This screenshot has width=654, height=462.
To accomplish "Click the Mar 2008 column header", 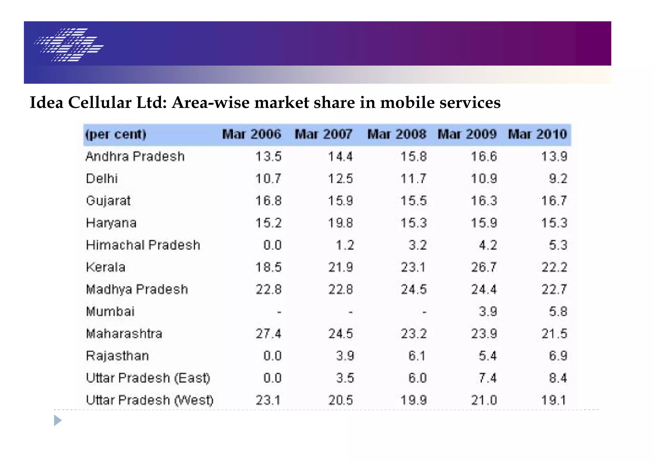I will click(397, 134).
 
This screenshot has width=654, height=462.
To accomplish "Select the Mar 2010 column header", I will click(537, 134).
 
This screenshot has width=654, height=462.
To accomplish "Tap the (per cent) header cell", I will click(116, 134).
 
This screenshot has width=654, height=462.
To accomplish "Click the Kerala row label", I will click(106, 267).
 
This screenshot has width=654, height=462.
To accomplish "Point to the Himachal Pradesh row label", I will click(143, 245).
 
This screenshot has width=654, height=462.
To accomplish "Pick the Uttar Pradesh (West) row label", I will click(149, 400).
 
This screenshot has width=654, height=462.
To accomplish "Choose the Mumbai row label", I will click(110, 312).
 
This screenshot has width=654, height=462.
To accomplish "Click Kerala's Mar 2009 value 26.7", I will click(484, 267).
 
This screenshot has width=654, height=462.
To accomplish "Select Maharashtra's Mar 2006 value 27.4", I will click(269, 334).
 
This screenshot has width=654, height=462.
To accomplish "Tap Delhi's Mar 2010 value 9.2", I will click(558, 179).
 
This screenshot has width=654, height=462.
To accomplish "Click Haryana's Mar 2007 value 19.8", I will click(340, 223).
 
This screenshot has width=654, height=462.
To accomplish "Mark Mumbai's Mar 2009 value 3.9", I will click(488, 312).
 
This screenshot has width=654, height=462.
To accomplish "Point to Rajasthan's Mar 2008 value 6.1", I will click(417, 356).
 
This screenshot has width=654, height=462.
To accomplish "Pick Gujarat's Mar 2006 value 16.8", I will click(269, 201).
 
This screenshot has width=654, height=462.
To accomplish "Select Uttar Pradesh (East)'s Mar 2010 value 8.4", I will click(558, 378).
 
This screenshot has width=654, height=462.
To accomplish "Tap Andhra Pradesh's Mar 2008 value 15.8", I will click(414, 157).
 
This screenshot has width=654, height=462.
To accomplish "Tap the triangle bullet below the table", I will click(57, 421).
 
